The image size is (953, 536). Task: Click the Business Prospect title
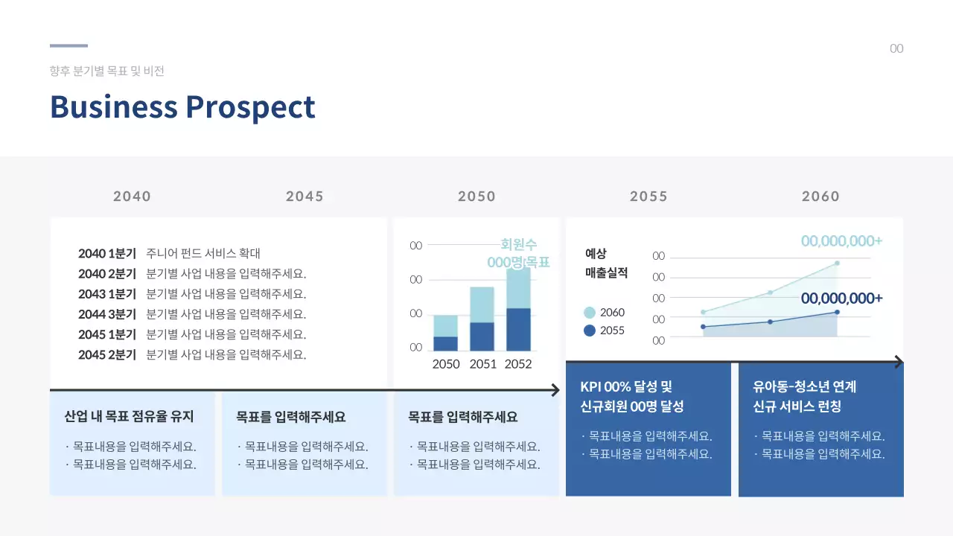tap(182, 107)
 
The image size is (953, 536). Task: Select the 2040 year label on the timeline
tap(132, 197)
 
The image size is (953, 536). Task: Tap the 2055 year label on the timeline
tap(648, 197)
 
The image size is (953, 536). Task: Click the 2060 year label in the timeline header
tap(820, 197)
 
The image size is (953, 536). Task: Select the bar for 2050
tap(445, 334)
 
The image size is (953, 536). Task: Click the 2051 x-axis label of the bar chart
tap(482, 364)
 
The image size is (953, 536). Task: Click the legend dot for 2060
tap(590, 313)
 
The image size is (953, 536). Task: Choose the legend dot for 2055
tap(590, 331)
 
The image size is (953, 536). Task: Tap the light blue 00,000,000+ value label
tap(841, 241)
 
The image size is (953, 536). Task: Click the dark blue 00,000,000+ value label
tap(841, 299)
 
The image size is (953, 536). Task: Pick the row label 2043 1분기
tap(107, 294)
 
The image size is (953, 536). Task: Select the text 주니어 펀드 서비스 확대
tap(203, 253)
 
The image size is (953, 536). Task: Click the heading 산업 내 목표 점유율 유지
tap(129, 417)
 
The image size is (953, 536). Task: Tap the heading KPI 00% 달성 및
tap(625, 387)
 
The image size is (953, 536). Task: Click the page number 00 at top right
tap(896, 49)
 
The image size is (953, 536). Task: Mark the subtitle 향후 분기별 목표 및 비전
tap(106, 71)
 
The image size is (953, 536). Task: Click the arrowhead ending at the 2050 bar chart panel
tap(555, 390)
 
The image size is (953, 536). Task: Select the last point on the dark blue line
tap(837, 312)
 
